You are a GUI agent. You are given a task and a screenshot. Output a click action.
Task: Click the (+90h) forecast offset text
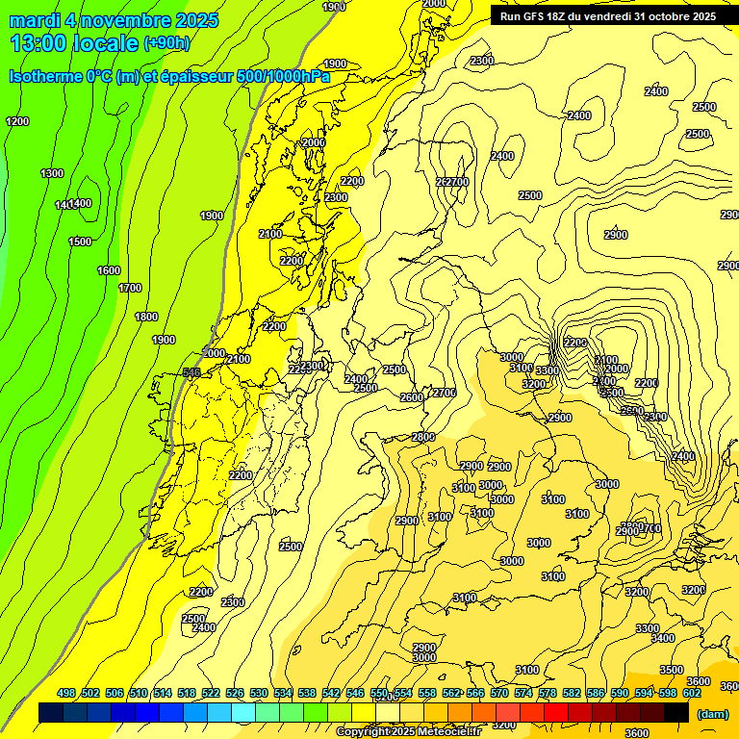click(166, 43)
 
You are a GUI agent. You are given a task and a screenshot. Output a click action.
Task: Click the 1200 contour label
click(17, 121)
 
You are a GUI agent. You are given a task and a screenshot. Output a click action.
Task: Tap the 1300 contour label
click(52, 173)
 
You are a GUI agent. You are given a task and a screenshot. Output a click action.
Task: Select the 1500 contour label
click(80, 242)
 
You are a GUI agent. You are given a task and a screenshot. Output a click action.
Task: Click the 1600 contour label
click(109, 270)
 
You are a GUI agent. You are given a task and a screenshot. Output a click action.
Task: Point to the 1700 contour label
click(130, 288)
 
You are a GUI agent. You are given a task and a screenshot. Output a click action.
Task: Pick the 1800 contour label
click(146, 317)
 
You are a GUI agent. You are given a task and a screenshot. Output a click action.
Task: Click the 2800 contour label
click(423, 437)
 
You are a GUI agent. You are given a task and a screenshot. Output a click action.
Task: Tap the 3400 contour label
click(662, 638)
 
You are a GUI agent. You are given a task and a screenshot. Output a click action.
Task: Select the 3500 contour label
click(671, 670)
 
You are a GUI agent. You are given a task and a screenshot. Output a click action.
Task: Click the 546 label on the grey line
click(191, 372)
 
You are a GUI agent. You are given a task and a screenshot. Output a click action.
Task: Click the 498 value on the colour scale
click(66, 693)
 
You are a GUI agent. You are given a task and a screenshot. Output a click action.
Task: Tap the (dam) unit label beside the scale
click(712, 714)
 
